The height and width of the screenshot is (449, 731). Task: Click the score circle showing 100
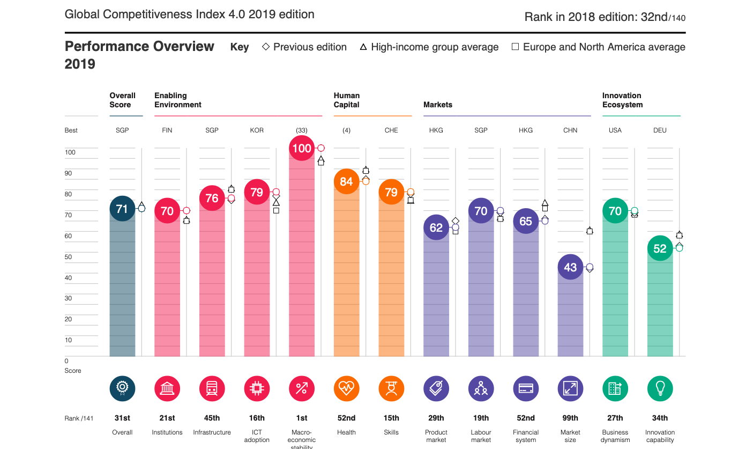[302, 148]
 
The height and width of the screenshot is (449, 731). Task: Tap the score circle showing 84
[346, 181]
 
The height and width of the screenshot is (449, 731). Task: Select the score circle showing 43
[570, 267]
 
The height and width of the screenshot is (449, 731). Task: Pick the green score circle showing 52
[660, 248]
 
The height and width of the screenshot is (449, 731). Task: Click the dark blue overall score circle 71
[122, 209]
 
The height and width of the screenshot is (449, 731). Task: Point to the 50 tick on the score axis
[68, 257]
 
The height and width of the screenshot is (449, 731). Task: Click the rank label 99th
[570, 418]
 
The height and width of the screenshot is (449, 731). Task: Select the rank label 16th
[257, 418]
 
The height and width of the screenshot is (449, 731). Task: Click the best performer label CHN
[570, 130]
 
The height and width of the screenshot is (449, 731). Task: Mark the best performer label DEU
[660, 130]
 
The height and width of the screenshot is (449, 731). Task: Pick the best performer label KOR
[257, 130]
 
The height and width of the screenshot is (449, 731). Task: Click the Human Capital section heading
[346, 100]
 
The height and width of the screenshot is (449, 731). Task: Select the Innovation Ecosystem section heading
[622, 100]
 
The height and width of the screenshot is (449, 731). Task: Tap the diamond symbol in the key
[266, 47]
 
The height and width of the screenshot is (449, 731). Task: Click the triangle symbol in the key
[363, 47]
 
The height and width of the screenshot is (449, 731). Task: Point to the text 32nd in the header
[654, 17]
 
